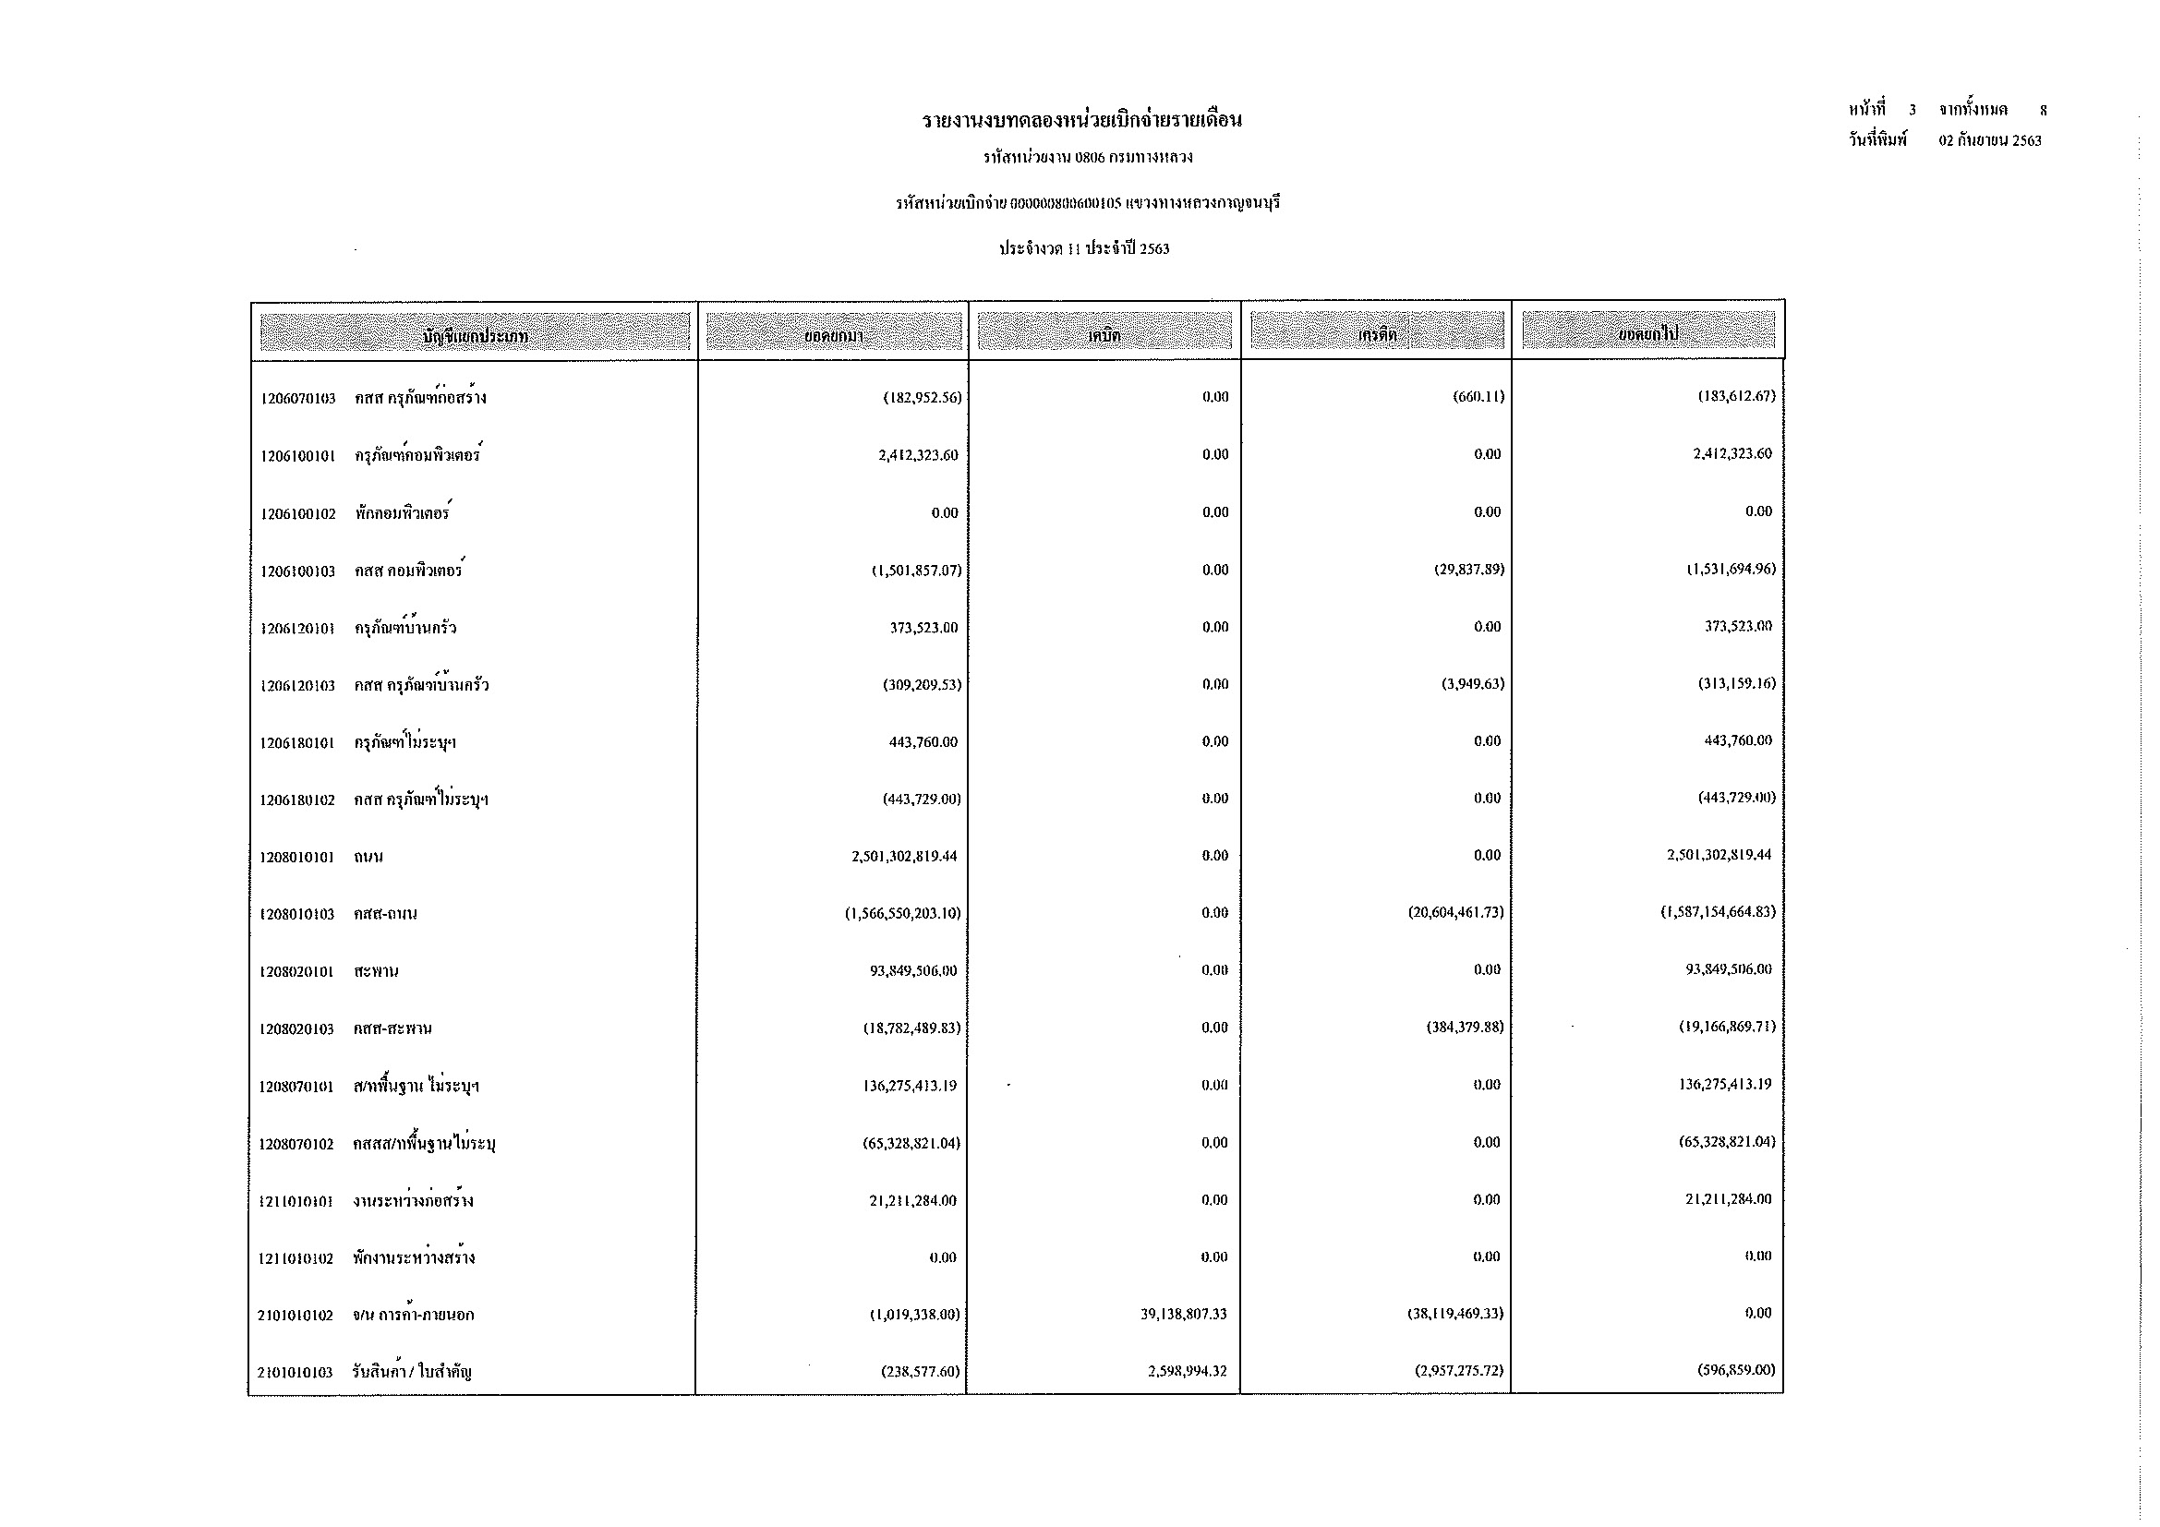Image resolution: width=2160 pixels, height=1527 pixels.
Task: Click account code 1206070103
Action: pos(298,399)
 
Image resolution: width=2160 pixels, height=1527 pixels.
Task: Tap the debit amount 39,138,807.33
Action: pos(1184,1315)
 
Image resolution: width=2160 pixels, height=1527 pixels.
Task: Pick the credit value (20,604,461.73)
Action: pos(1455,913)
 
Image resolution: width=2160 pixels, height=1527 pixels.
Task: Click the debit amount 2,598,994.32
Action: pos(1188,1372)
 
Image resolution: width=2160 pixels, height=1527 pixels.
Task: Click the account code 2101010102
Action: pos(296,1316)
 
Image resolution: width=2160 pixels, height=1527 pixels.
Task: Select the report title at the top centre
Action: pos(1082,120)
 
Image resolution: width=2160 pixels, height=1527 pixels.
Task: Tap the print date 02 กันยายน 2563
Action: pos(1990,141)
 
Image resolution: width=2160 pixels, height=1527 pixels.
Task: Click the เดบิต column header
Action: pos(1104,333)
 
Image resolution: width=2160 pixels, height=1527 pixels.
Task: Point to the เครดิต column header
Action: pos(1376,333)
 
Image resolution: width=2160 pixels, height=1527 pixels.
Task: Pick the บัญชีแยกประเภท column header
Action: pos(475,335)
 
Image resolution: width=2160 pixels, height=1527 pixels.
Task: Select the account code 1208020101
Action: pos(296,971)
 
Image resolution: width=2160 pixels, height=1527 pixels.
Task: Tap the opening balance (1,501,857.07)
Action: pos(916,571)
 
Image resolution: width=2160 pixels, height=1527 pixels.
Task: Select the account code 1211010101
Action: pos(296,1201)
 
